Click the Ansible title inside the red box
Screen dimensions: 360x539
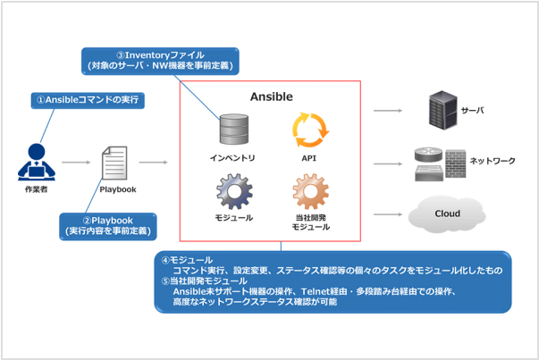(270, 96)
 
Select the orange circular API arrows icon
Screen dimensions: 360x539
(311, 129)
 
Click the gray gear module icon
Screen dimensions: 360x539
(234, 192)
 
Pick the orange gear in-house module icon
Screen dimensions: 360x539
(311, 192)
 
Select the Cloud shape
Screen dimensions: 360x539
(446, 214)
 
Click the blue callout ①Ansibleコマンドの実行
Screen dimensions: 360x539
(87, 98)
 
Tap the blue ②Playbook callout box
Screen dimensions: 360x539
(107, 225)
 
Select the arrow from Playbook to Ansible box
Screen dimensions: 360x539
(154, 163)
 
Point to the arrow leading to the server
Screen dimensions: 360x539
(387, 111)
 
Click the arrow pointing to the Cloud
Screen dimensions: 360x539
(387, 214)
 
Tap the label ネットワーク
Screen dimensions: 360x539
(493, 161)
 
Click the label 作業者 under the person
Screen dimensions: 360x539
(34, 190)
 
